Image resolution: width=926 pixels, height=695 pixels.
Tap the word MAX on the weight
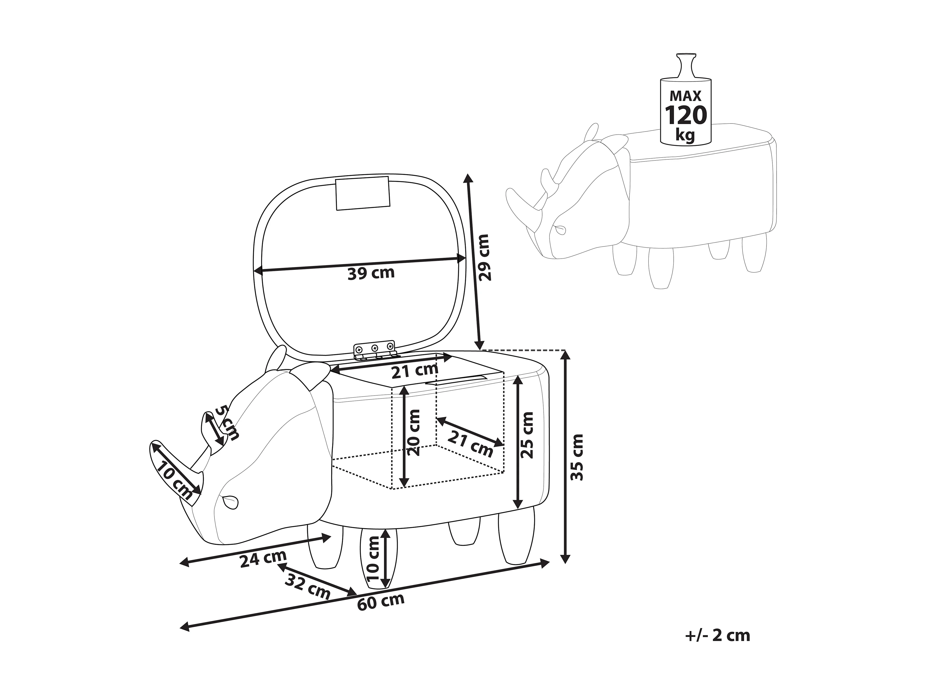[x=686, y=96]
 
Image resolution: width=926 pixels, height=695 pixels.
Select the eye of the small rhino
[x=560, y=229]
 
